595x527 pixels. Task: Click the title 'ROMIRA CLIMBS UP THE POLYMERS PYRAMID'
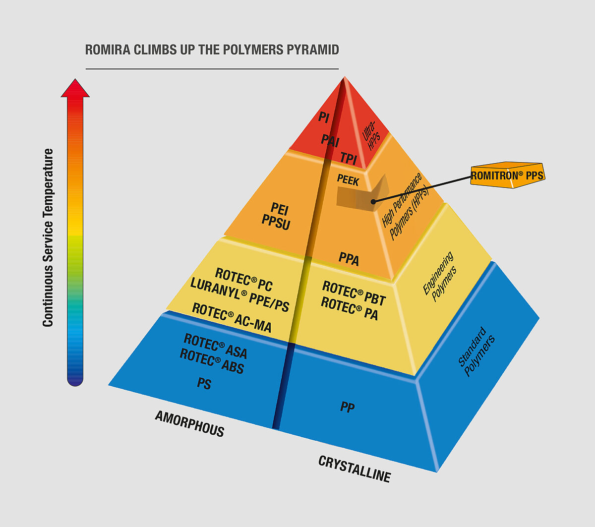pyautogui.click(x=212, y=50)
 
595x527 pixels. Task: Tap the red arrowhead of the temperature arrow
pyautogui.click(x=75, y=88)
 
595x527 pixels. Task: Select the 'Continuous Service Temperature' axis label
pyautogui.click(x=48, y=237)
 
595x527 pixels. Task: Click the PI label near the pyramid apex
pyautogui.click(x=324, y=117)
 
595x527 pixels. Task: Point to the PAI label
pyautogui.click(x=330, y=140)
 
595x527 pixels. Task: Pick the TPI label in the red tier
pyautogui.click(x=349, y=159)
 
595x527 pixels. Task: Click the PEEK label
pyautogui.click(x=348, y=180)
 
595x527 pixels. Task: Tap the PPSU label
pyautogui.click(x=276, y=222)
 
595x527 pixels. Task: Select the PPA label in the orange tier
pyautogui.click(x=349, y=259)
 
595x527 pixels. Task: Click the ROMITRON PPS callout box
pyautogui.click(x=507, y=176)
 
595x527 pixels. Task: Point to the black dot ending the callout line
pyautogui.click(x=373, y=202)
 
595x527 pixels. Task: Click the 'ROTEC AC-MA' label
pyautogui.click(x=232, y=318)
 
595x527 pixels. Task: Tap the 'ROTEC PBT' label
pyautogui.click(x=354, y=293)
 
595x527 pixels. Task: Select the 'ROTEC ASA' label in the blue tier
pyautogui.click(x=215, y=346)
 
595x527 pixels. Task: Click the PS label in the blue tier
pyautogui.click(x=204, y=383)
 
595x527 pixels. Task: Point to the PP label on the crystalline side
pyautogui.click(x=348, y=407)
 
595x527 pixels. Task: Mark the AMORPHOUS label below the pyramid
pyautogui.click(x=190, y=424)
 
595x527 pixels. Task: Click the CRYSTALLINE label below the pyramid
pyautogui.click(x=355, y=469)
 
